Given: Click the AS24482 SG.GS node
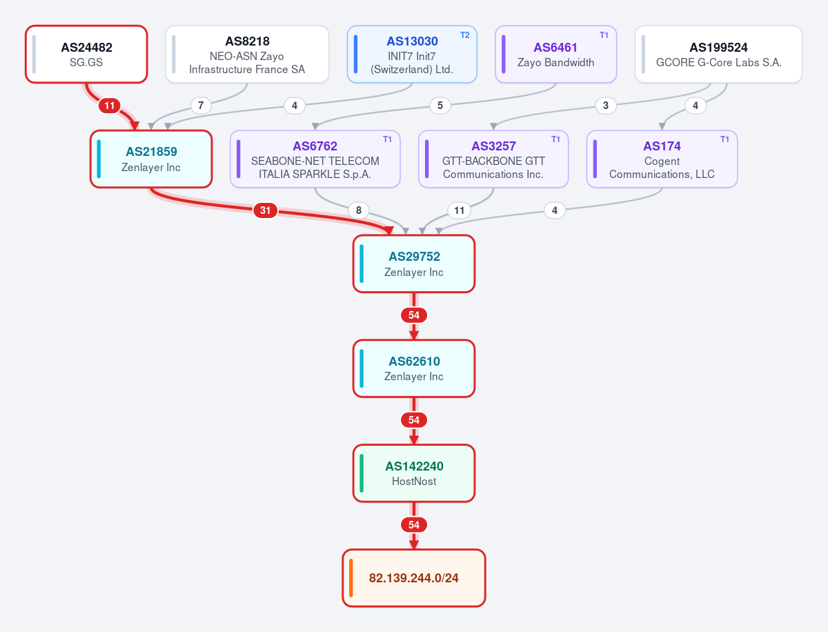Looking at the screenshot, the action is click(86, 55).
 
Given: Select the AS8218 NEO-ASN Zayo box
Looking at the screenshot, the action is click(247, 55).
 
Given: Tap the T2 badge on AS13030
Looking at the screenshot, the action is click(465, 35).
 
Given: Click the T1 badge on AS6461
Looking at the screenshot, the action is click(604, 35).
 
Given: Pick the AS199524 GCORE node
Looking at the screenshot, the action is click(718, 55).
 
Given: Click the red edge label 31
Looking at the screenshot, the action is click(265, 210).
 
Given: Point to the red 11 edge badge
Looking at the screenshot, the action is click(110, 106).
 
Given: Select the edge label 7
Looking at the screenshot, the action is click(201, 106).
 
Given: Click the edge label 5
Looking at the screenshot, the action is click(440, 106).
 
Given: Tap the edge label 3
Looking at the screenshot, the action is click(606, 106).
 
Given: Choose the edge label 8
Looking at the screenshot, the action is click(359, 210).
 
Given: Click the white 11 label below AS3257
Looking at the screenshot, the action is click(459, 210).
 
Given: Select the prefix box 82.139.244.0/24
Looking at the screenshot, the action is click(414, 578).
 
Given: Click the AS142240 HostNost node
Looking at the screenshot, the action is click(414, 473).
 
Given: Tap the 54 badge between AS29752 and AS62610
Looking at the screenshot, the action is click(414, 315).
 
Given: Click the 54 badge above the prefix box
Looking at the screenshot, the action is click(414, 525).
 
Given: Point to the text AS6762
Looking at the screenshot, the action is click(315, 146).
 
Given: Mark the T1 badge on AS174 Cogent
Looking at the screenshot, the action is click(724, 139).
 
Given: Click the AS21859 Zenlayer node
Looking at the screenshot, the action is click(151, 159).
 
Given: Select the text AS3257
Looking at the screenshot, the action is click(493, 146).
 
